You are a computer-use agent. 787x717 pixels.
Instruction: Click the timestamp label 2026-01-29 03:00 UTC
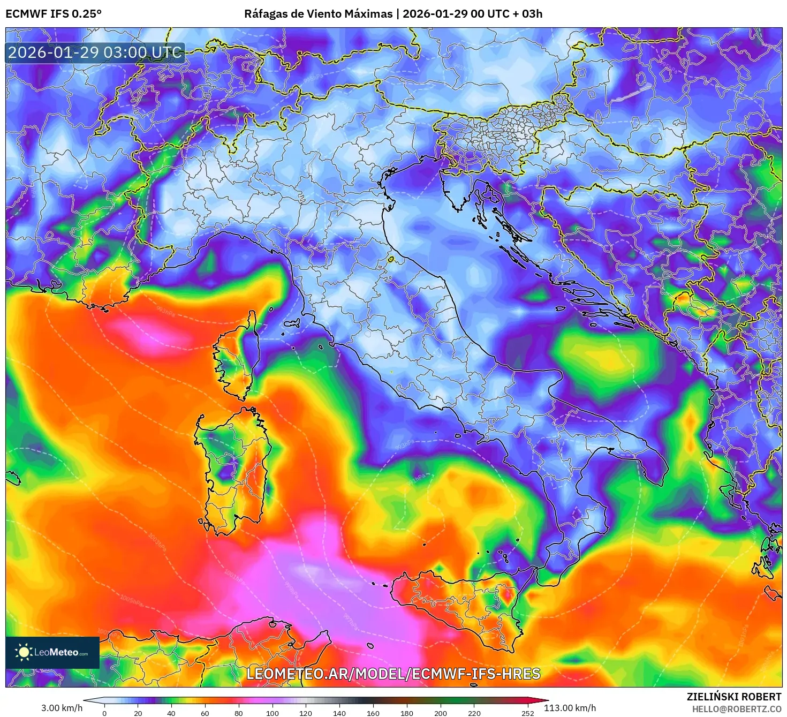point(95,52)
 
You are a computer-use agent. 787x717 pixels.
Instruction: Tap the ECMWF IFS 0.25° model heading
point(54,14)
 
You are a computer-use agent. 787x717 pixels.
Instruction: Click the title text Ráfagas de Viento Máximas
point(318,14)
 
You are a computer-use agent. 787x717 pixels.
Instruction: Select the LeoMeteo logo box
point(52,652)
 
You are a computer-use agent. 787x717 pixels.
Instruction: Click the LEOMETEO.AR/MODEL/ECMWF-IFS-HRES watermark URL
point(393,674)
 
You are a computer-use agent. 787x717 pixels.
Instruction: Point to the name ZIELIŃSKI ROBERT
point(734,697)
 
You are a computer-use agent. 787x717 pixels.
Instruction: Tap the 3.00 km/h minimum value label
point(62,708)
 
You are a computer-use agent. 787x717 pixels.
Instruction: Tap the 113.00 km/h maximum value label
point(570,708)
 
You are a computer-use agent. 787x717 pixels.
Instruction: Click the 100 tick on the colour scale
point(272,713)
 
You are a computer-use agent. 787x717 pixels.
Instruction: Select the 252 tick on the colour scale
point(528,713)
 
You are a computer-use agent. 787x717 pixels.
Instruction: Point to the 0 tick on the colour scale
point(104,713)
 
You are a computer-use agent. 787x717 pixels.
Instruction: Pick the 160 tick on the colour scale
point(373,713)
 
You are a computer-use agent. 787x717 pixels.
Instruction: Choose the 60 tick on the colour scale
point(205,713)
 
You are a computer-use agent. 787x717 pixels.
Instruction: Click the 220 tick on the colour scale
point(474,713)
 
